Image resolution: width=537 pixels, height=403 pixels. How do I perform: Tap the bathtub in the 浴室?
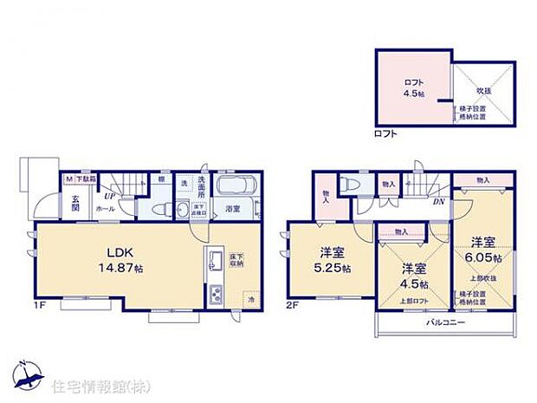(x=232, y=187)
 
